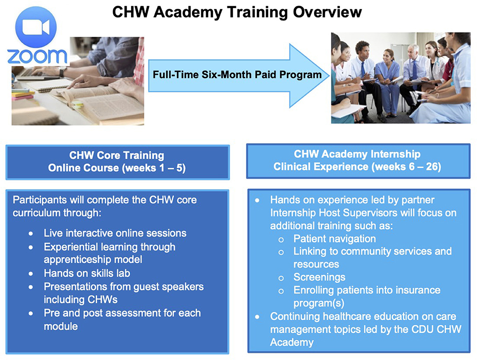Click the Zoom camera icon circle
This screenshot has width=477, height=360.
pos(36,27)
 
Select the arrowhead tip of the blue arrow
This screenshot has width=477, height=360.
pos(330,75)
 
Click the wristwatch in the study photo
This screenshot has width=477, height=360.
pos(63,72)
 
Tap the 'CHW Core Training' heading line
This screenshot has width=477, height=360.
pos(117,155)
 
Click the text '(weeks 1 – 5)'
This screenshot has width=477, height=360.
pos(154,168)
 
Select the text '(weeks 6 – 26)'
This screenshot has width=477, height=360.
pos(406,167)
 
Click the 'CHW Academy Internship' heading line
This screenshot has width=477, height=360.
pos(357,154)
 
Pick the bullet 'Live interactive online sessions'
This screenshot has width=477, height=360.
pos(115,233)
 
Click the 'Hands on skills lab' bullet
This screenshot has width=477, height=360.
pos(87,273)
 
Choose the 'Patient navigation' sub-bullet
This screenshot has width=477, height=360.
pos(334,239)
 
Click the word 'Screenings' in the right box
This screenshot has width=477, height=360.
pos(319,277)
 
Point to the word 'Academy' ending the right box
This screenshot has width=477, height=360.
pos(292,342)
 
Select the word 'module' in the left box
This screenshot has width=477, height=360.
pos(61,326)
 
